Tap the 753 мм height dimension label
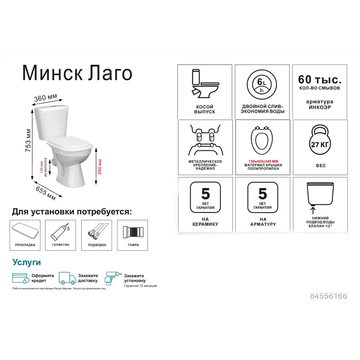pyautogui.click(x=28, y=140)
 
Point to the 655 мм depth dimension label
pyautogui.click(x=45, y=193)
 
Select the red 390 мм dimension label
pyautogui.click(x=100, y=167)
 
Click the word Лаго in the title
pyautogui.click(x=110, y=73)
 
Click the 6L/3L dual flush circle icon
pyautogui.click(x=262, y=85)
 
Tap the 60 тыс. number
pyautogui.click(x=320, y=80)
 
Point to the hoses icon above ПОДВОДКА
pyautogui.click(x=97, y=230)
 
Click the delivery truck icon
pyautogui.click(x=67, y=278)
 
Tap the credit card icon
pyautogui.click(x=21, y=278)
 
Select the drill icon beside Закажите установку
pyautogui.click(x=112, y=278)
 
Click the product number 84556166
pyautogui.click(x=329, y=296)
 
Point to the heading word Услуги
pyautogui.click(x=27, y=262)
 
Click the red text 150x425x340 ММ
pyautogui.click(x=263, y=161)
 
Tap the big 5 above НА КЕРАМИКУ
pyautogui.click(x=206, y=194)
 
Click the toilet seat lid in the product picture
pyautogui.click(x=71, y=143)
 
